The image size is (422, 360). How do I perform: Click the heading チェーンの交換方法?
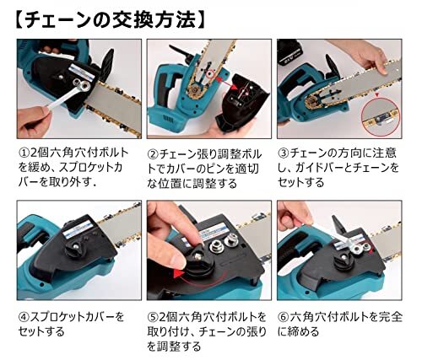(x=110, y=20)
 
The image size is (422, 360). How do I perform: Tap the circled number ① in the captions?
(x=24, y=153)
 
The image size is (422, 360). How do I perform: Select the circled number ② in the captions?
(x=154, y=154)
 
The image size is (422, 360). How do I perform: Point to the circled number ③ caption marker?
(x=284, y=153)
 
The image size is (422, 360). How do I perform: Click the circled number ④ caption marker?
(x=24, y=317)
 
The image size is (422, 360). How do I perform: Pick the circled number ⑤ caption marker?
(x=154, y=317)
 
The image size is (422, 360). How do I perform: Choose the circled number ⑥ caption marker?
(x=284, y=317)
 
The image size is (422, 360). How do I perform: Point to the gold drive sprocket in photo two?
(x=194, y=91)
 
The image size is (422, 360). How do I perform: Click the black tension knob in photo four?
(x=74, y=248)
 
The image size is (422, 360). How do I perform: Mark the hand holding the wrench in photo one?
(x=33, y=121)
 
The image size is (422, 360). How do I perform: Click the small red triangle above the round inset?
(x=377, y=95)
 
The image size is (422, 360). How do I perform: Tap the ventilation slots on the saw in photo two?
(x=169, y=121)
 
